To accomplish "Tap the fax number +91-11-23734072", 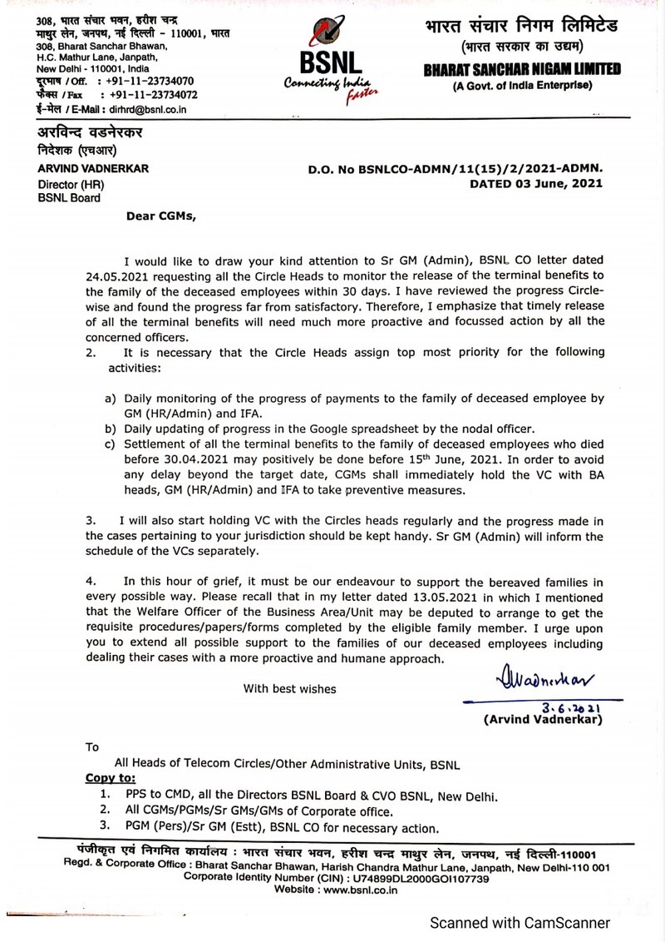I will point(153,95).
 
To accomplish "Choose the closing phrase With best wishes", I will point(289,688).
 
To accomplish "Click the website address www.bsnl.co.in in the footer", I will point(359,890).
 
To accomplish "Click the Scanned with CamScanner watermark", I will point(519,923).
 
